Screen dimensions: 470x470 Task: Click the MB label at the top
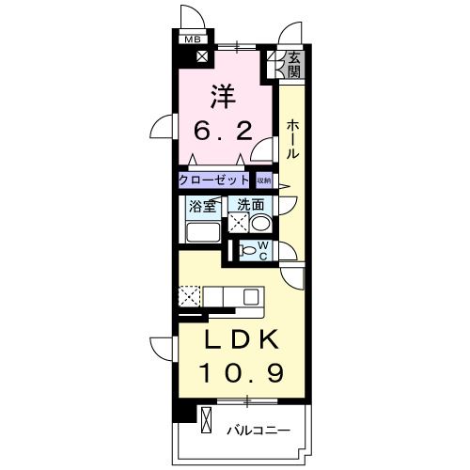(192, 39)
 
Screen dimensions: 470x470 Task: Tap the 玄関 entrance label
(294, 64)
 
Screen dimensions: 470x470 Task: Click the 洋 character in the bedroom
(222, 96)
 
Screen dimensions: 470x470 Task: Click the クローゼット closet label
(214, 180)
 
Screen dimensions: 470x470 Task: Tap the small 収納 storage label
(264, 180)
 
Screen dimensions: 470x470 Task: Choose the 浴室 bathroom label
(202, 206)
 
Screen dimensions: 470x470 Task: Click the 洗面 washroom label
(249, 205)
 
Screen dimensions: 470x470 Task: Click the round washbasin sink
(261, 225)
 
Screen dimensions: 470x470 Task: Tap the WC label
(264, 251)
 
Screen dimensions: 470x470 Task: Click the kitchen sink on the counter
(250, 296)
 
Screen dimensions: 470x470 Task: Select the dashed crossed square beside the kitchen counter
(187, 296)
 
